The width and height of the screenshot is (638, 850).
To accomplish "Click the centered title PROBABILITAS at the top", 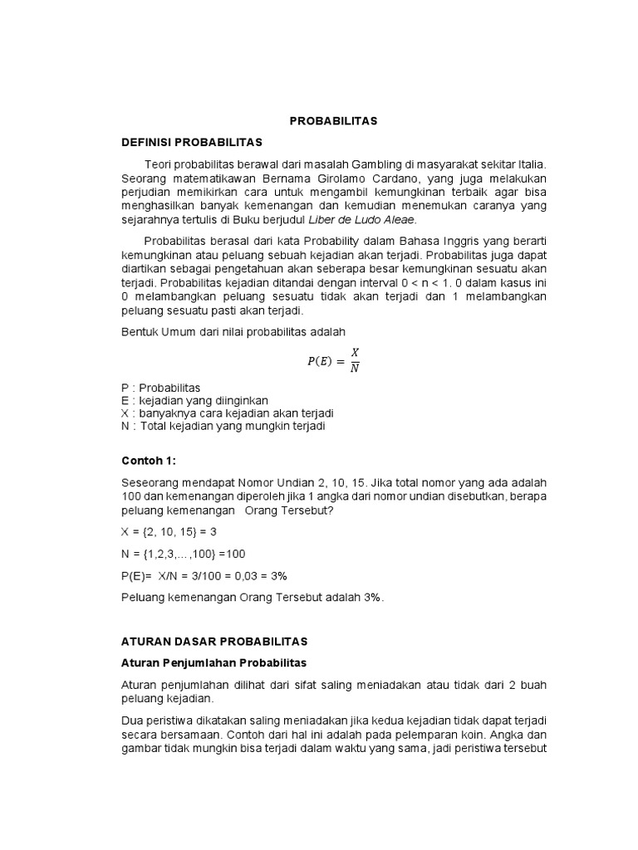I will click(333, 121).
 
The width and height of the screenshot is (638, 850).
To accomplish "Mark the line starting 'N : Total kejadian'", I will click(223, 426).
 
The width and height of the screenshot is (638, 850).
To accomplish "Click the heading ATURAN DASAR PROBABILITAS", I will click(213, 642).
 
